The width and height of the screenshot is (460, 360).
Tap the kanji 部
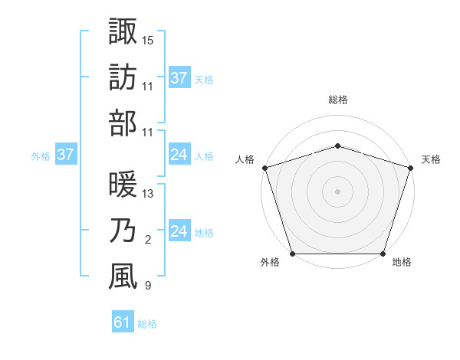(123, 123)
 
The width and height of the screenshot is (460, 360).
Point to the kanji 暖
(123, 185)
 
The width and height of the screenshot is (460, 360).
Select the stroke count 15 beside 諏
(148, 39)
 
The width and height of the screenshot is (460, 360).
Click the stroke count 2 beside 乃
(147, 240)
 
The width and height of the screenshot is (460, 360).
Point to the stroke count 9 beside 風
(147, 286)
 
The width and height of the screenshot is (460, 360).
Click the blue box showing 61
(123, 322)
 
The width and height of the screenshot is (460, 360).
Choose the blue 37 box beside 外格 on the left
(65, 155)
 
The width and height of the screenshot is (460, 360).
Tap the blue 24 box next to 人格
(179, 155)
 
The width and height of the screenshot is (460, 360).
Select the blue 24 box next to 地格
(179, 231)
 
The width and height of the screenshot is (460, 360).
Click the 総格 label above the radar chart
(337, 100)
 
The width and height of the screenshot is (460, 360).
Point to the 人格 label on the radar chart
(245, 159)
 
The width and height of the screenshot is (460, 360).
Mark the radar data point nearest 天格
(410, 167)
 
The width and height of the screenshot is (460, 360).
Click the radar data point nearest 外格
(293, 254)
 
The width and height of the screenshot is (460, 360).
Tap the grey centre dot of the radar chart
(337, 191)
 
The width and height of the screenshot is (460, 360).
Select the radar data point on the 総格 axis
(337, 146)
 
